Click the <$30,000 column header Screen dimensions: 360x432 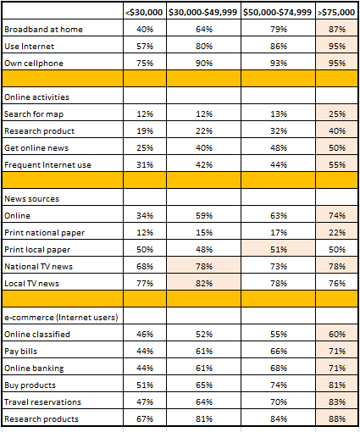144,13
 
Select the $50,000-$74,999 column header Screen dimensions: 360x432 277,13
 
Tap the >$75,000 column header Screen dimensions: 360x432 336,13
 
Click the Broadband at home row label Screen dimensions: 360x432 43,30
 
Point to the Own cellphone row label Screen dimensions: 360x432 34,64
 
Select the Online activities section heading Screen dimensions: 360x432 36,97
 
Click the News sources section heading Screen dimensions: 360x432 31,199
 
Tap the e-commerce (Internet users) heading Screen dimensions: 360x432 61,318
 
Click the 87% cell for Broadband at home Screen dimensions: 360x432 337,30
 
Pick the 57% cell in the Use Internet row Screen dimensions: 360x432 145,47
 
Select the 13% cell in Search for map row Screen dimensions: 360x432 279,114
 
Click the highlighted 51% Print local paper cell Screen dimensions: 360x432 279,250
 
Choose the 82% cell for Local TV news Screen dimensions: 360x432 204,284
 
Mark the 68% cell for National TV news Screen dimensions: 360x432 145,267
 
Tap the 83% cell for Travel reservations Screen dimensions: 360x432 337,402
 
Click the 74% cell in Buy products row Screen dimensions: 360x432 279,385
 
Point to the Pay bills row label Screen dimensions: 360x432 20,352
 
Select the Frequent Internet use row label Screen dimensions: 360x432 47,165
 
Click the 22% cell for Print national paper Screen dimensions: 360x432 337,233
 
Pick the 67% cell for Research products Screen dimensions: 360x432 145,419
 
